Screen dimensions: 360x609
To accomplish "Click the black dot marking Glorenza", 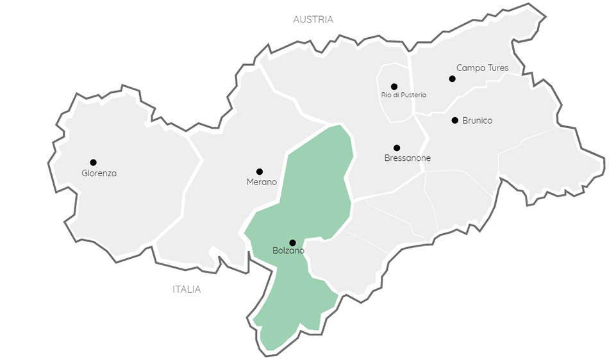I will (93, 162).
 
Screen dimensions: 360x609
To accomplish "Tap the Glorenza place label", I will (99, 173).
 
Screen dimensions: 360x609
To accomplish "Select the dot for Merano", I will (260, 172).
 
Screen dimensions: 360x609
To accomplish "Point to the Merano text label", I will (262, 182).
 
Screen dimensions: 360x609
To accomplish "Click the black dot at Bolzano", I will (292, 243).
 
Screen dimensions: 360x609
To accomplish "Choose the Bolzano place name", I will (288, 251).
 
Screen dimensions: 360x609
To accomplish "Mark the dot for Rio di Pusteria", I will (394, 86).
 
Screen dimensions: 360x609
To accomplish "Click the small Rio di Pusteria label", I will (403, 95).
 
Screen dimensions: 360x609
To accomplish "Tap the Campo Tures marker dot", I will (452, 79).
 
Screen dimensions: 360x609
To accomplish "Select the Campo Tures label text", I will (482, 67).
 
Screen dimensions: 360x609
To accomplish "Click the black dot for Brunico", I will (455, 120).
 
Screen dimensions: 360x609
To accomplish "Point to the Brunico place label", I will (477, 120).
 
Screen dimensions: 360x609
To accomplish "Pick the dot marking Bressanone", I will (397, 148).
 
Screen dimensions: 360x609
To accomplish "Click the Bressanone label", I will (407, 158).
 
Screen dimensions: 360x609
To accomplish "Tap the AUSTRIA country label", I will (313, 19).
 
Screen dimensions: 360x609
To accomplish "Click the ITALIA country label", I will (187, 290).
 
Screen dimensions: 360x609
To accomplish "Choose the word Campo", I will (470, 67).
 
